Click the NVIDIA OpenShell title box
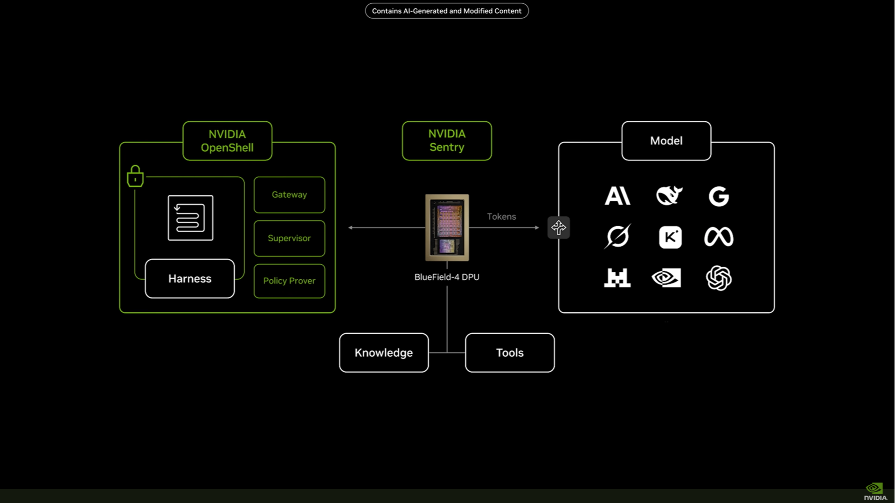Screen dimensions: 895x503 (x=228, y=141)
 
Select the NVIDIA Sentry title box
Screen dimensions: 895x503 (x=447, y=141)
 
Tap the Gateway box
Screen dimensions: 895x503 (x=289, y=194)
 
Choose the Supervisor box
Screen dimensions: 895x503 (x=289, y=238)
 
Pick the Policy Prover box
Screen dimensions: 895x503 (x=289, y=281)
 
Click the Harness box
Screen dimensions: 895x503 (x=190, y=279)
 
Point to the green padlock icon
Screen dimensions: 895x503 (x=135, y=176)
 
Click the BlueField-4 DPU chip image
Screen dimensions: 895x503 (x=447, y=227)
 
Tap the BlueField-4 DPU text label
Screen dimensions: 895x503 (x=447, y=277)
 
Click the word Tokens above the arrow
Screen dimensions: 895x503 (x=501, y=216)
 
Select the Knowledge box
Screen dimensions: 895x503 (x=384, y=352)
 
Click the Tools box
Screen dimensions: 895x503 (x=510, y=352)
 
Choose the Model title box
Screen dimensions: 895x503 (x=666, y=141)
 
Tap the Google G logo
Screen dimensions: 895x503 (x=719, y=196)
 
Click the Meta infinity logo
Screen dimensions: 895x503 (x=719, y=237)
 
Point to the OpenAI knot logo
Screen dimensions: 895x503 (x=719, y=278)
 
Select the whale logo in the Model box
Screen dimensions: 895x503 (x=669, y=196)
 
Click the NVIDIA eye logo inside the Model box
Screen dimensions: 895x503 (x=666, y=278)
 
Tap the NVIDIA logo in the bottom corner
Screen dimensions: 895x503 (x=875, y=492)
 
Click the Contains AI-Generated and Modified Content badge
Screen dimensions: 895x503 (x=447, y=11)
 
